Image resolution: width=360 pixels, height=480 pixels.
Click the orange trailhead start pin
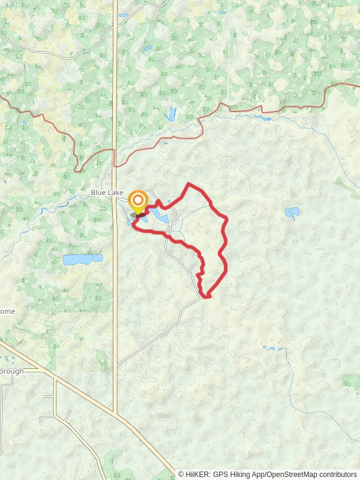[139, 202]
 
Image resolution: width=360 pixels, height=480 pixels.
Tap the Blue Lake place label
[107, 193]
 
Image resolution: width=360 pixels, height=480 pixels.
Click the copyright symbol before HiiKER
[182, 475]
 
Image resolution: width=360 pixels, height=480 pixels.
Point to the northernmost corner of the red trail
[190, 184]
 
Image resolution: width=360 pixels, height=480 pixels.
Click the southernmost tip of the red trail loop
[208, 296]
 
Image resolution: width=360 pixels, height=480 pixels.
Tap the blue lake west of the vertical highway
[83, 260]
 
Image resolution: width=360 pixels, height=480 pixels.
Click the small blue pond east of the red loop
[293, 212]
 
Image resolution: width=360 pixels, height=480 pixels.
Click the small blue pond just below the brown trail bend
[172, 113]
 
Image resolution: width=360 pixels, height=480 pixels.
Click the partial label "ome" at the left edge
[7, 311]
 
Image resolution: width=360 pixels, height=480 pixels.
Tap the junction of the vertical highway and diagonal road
[115, 412]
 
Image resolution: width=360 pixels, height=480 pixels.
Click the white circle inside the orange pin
[139, 199]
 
